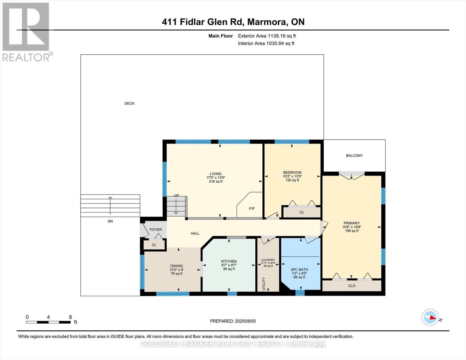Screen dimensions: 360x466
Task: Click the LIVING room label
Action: click(x=215, y=174)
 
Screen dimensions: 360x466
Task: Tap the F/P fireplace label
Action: click(x=251, y=208)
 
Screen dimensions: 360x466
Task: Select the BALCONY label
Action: click(x=354, y=155)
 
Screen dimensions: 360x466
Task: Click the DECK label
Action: click(x=129, y=103)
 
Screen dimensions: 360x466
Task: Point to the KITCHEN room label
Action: click(x=229, y=261)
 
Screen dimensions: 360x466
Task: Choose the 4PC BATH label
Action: click(x=299, y=269)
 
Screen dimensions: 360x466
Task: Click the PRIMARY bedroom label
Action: click(x=351, y=223)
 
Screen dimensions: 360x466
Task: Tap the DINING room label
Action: click(x=176, y=266)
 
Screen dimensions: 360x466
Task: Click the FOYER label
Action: click(x=156, y=229)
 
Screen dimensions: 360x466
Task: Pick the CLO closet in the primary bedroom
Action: click(x=352, y=286)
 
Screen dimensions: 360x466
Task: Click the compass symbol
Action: click(x=430, y=317)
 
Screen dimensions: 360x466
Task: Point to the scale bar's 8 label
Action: click(x=70, y=317)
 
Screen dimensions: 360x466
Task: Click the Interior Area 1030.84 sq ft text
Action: click(x=266, y=43)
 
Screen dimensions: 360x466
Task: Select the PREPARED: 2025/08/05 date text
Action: click(x=233, y=321)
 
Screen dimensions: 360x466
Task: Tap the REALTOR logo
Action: click(x=26, y=31)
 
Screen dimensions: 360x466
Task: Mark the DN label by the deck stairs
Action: click(x=110, y=221)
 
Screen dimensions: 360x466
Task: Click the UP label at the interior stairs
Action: click(x=176, y=196)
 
